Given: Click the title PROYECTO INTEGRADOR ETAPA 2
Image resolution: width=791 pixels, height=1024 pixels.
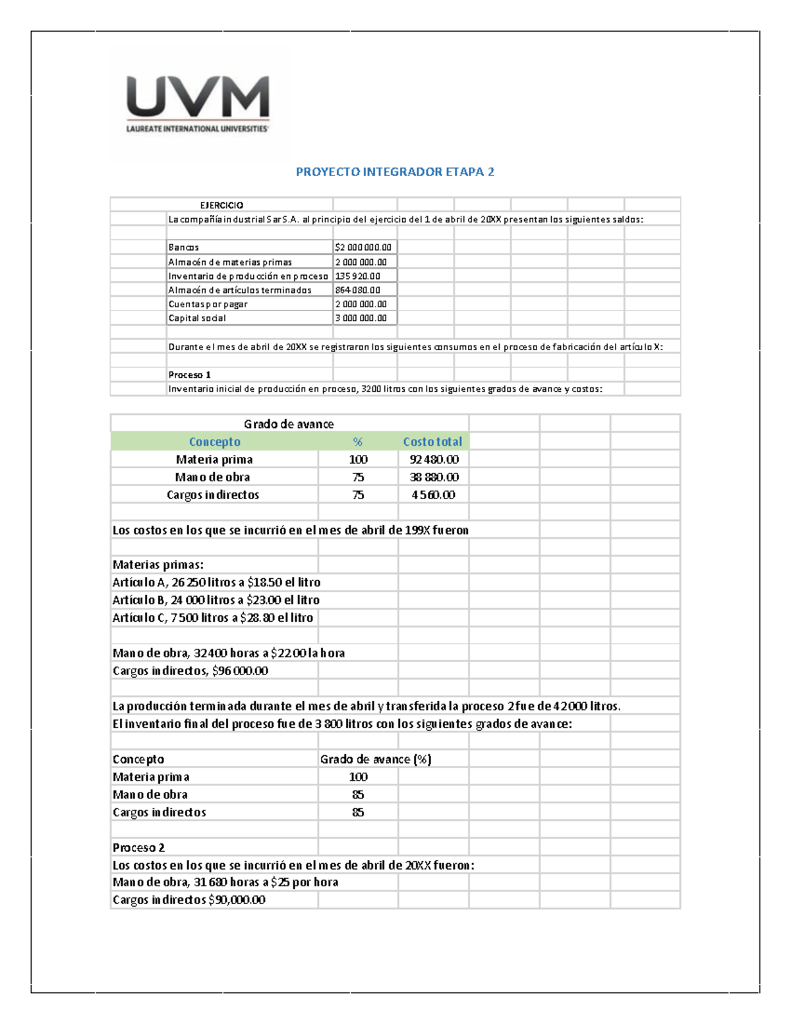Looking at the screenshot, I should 395,172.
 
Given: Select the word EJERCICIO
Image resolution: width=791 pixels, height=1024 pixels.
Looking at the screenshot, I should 221,206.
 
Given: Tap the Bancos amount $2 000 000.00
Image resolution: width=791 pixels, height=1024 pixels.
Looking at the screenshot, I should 363,247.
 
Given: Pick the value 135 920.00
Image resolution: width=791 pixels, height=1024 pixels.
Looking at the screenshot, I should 357,276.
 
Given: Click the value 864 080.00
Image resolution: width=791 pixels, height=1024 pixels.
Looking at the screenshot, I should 357,290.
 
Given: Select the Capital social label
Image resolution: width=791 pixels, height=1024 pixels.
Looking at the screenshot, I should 197,318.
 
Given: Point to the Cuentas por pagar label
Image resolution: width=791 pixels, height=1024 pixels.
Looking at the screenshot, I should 208,305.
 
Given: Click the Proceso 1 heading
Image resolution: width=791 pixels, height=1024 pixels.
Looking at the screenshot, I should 189,375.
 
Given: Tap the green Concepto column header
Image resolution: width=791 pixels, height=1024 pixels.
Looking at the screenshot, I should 214,442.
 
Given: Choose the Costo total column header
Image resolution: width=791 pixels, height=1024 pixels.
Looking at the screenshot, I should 432,442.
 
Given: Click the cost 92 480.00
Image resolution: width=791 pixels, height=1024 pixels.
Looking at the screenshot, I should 434,460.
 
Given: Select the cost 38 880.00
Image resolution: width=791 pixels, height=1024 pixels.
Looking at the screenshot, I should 434,477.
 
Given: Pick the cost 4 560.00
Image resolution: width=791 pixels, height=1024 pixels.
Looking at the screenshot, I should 433,495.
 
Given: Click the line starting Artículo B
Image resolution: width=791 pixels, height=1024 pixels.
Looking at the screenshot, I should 216,600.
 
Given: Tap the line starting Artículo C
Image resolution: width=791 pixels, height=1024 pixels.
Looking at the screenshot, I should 212,618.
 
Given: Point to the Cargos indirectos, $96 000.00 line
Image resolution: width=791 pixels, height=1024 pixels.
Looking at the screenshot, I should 190,671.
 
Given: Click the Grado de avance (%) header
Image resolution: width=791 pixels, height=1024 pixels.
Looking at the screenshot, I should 376,760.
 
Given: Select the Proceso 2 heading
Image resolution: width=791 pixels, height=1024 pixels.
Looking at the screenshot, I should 138,848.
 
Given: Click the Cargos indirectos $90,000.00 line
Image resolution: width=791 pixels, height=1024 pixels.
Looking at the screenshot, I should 189,900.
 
